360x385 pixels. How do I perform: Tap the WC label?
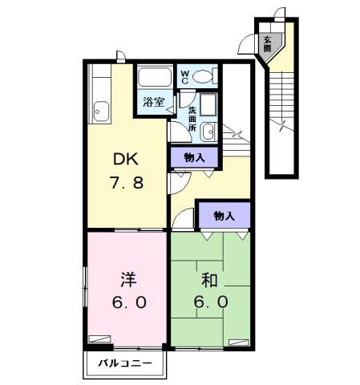point(184,77)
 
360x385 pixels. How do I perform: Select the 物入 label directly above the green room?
point(224,215)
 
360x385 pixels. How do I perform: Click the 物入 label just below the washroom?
point(193,157)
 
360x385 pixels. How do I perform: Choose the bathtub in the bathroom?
point(153,78)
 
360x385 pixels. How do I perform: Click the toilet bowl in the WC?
point(203,77)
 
